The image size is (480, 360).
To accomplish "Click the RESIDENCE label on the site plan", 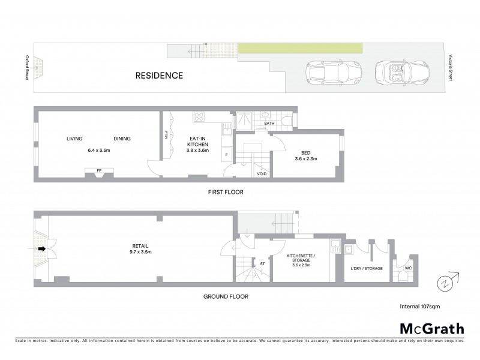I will coord(158,76).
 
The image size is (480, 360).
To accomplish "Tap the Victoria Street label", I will coord(450,68).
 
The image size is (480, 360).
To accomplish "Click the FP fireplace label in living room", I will coord(99,170).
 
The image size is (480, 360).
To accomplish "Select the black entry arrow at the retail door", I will coord(42,248).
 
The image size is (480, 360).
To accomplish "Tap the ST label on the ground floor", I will coord(262,263).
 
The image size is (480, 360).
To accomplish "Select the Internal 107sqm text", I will coord(419,306).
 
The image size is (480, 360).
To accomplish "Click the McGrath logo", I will coord(431,328).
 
